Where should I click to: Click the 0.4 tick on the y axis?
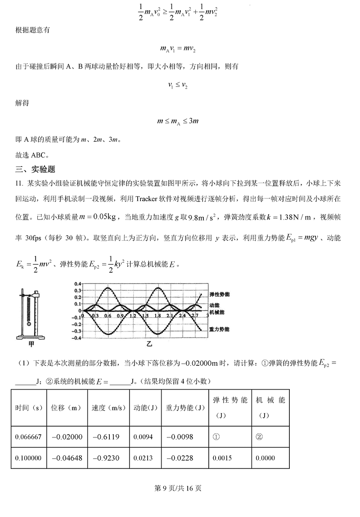tap(77, 284)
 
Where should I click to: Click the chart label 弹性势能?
tap(220, 294)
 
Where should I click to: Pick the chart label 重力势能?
tap(220, 329)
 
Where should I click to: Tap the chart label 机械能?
tap(217, 312)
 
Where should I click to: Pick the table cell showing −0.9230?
tap(106, 458)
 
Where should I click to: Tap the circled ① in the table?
tap(216, 436)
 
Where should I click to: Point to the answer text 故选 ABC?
tap(31, 155)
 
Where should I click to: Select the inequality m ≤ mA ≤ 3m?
tap(178, 121)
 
